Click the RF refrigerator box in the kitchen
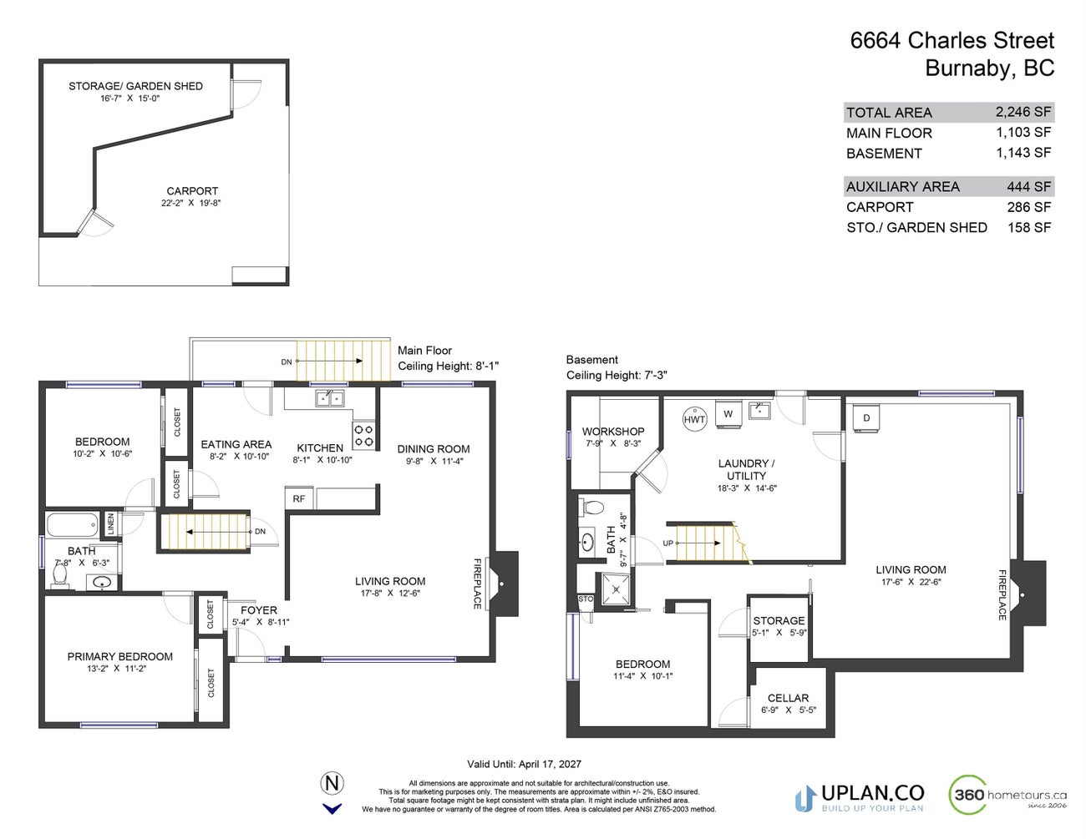298,498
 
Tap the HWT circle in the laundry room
694,419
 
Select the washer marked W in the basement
728,413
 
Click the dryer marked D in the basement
867,418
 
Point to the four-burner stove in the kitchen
364,436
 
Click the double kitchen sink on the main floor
329,398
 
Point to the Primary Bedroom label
120,656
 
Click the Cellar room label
788,698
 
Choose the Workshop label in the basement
613,431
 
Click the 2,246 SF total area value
1023,112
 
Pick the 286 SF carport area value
1028,207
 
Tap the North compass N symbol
332,783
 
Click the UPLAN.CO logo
860,796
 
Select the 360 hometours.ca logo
1008,795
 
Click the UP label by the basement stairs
668,543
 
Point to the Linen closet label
110,525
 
